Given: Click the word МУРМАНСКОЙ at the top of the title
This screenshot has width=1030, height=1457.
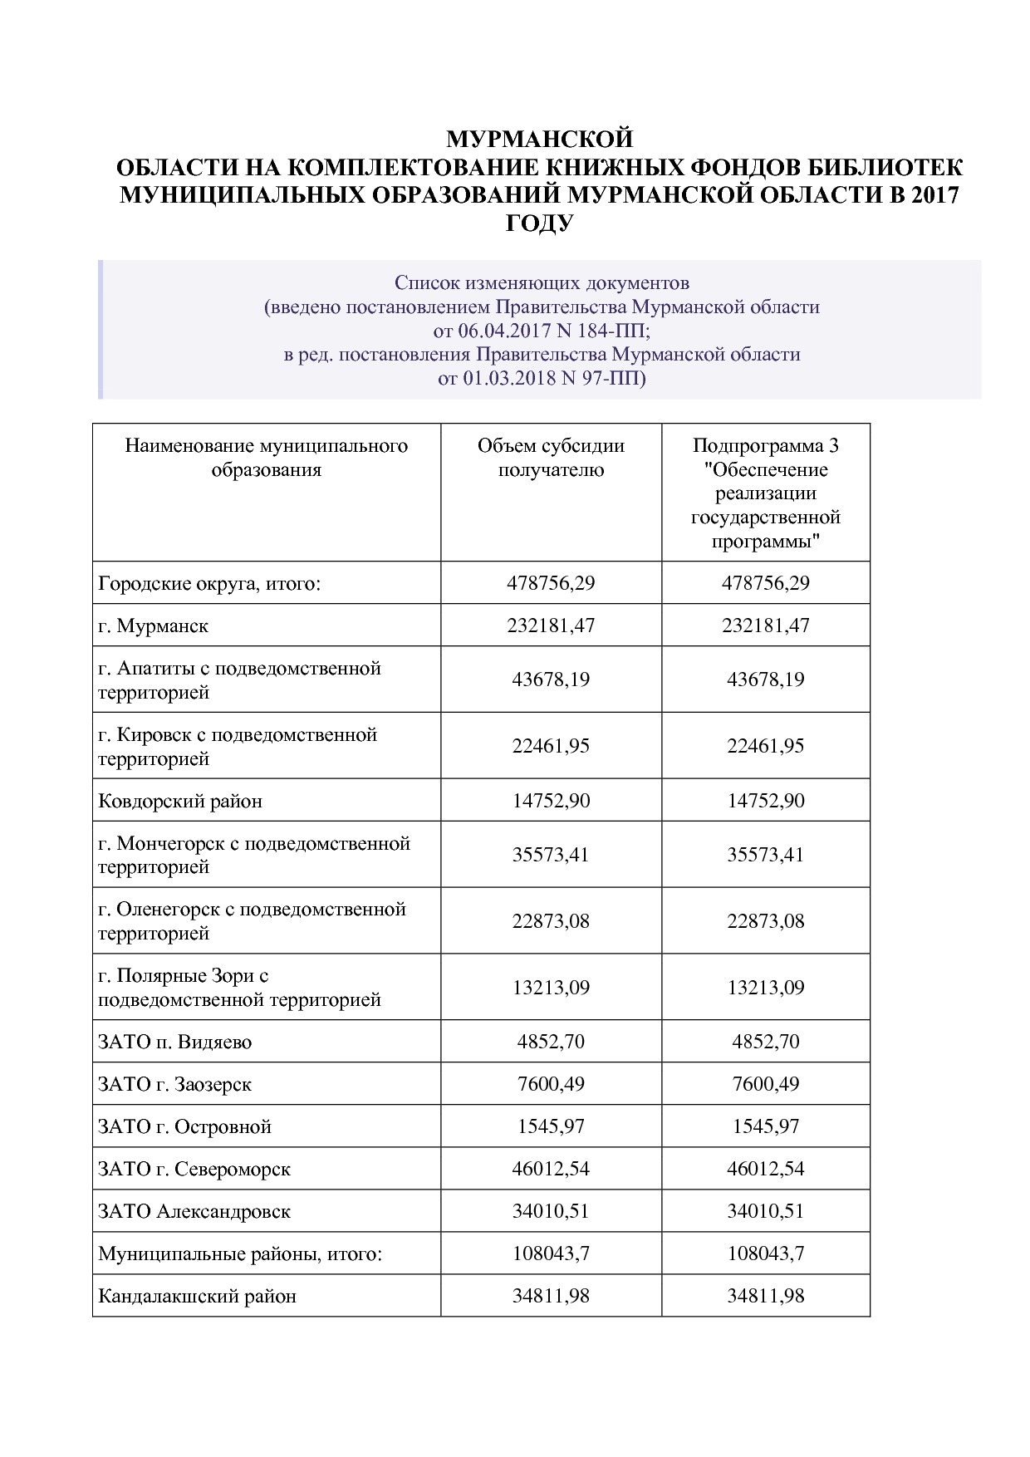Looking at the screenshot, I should [x=540, y=138].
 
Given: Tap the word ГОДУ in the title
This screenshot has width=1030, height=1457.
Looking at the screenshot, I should [x=540, y=223].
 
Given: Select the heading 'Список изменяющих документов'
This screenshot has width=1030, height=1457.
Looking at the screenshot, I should [x=542, y=283].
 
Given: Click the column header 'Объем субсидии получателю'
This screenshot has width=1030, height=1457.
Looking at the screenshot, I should [x=551, y=458].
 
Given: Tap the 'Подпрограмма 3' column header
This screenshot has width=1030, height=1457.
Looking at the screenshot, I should [x=765, y=446].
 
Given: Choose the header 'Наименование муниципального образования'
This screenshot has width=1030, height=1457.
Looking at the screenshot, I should [x=266, y=458].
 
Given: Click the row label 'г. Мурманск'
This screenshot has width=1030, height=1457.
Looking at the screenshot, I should [x=153, y=625].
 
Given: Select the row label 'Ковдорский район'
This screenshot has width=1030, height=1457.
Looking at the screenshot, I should [x=180, y=802].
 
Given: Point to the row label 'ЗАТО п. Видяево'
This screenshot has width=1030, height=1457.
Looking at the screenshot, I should [x=174, y=1042].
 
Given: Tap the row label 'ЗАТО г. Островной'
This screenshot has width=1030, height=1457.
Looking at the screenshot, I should [x=184, y=1127].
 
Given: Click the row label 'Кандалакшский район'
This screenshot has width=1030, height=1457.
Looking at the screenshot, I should [x=197, y=1296].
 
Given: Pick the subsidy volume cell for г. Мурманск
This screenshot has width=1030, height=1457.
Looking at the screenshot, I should [x=551, y=625].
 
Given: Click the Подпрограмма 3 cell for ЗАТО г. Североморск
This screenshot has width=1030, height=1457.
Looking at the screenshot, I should [x=765, y=1169].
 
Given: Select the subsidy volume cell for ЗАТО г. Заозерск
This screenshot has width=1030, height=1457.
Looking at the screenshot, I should [x=551, y=1084].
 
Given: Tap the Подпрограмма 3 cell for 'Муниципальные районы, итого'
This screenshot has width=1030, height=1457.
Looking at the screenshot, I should [x=765, y=1253].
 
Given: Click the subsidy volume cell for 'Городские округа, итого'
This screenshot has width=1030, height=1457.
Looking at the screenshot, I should [x=551, y=583].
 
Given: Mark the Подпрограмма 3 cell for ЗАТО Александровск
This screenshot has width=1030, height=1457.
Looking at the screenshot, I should [x=765, y=1211].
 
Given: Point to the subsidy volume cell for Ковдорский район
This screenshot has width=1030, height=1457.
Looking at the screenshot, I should [x=551, y=802].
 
